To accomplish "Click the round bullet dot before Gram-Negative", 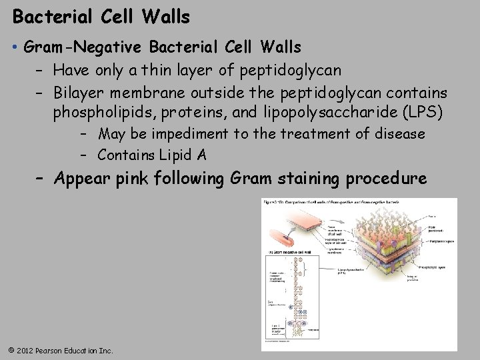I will click(14, 48).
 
